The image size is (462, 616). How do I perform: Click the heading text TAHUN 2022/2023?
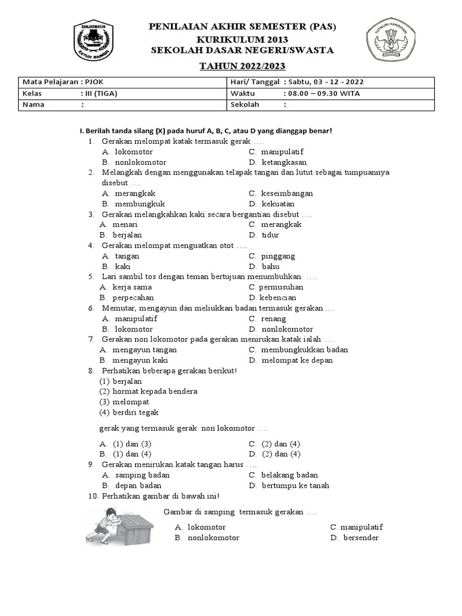tap(242, 66)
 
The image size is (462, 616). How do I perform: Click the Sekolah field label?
tap(245, 105)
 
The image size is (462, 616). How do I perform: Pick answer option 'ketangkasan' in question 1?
tap(284, 162)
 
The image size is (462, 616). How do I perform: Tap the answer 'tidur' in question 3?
tap(270, 235)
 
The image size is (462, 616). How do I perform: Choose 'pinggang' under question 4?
tap(278, 256)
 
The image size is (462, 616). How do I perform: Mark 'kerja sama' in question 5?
tap(132, 288)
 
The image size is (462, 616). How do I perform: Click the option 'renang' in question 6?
tap(274, 319)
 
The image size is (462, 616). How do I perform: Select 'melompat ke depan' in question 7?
tap(297, 360)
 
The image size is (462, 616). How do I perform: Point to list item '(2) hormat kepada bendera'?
tap(148, 392)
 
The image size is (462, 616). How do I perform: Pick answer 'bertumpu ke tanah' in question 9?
tap(295, 485)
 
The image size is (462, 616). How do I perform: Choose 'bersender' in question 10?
tap(361, 538)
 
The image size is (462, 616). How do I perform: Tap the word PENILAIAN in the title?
tap(177, 28)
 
